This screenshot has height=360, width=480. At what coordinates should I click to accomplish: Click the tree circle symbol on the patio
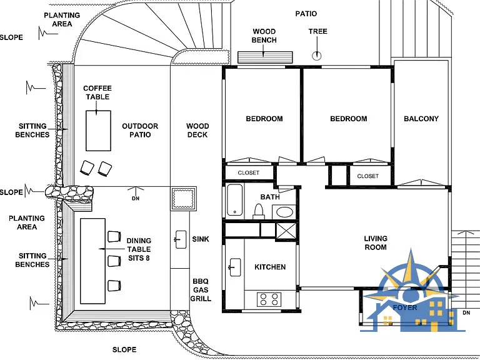316,56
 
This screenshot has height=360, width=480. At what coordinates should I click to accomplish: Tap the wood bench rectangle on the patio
265,57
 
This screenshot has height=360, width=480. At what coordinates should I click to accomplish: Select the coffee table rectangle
98,131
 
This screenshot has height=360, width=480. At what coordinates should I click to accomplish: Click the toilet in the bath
259,211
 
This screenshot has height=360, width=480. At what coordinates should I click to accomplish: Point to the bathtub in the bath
235,200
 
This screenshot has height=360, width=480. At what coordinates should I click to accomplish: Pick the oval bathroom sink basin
285,212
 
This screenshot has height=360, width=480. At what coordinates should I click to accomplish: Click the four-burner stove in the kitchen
269,299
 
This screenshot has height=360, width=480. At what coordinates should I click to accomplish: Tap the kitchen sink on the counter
234,267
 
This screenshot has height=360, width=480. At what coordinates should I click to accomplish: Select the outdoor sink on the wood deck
181,239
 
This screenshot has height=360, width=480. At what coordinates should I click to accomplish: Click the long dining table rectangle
92,261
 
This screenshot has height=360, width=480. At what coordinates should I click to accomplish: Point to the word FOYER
405,307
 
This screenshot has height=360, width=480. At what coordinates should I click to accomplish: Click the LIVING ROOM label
376,242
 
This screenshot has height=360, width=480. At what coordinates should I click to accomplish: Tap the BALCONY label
421,119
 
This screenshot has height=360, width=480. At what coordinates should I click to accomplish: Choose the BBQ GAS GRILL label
201,290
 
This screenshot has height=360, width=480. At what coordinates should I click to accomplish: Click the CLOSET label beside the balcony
367,176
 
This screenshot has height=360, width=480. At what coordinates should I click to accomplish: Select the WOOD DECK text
197,131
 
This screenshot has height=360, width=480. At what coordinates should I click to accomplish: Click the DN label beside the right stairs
466,312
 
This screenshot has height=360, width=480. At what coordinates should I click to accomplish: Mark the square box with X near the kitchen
286,231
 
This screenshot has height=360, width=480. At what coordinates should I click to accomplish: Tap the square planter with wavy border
183,199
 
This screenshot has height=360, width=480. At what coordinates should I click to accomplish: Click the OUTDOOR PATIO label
140,131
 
